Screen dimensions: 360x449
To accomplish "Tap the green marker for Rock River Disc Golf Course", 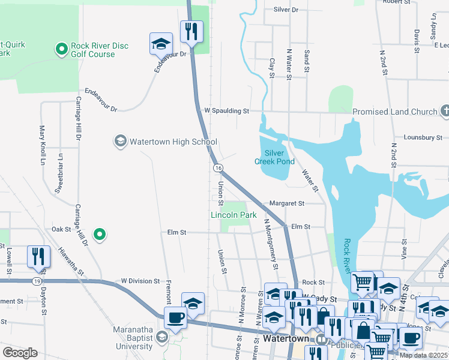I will [61, 49].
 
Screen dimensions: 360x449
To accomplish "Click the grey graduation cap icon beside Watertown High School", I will [120, 141].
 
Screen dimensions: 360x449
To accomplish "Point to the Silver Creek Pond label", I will [274, 157].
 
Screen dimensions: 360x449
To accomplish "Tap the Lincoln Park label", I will [234, 215].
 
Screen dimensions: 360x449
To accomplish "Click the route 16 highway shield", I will [218, 167].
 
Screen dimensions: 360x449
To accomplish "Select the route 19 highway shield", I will [37, 281].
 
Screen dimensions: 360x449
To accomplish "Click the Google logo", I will [20, 352].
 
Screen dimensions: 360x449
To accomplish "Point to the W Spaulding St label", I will [226, 111].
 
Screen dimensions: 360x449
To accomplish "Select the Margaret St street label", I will [288, 203].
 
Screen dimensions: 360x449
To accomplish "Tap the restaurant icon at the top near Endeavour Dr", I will [191, 31].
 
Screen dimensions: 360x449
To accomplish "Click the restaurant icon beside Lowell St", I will [38, 257].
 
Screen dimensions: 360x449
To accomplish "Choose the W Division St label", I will [140, 280].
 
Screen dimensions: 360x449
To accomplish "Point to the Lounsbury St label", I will [423, 137].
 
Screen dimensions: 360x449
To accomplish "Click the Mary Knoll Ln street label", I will [43, 145].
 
